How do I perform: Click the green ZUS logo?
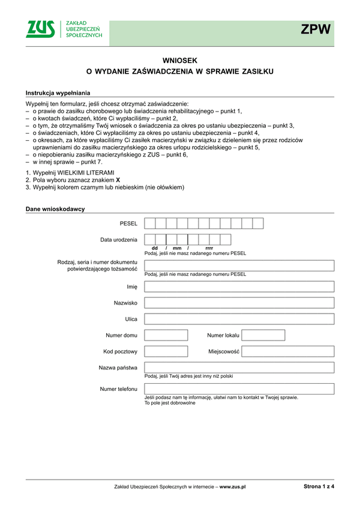pyautogui.click(x=40, y=29)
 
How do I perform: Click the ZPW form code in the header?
pyautogui.click(x=316, y=30)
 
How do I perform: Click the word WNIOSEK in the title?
pyautogui.click(x=179, y=60)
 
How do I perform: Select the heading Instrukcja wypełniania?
pyautogui.click(x=58, y=93)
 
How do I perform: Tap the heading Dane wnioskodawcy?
pyautogui.click(x=55, y=209)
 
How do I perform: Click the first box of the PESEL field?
pyautogui.click(x=150, y=224)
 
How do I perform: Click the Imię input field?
pyautogui.click(x=239, y=287)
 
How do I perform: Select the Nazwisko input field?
pyautogui.click(x=239, y=303)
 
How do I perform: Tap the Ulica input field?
pyautogui.click(x=239, y=319)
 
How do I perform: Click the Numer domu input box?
pyautogui.click(x=166, y=335)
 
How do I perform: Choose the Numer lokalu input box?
pyautogui.click(x=263, y=335)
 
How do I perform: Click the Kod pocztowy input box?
pyautogui.click(x=166, y=351)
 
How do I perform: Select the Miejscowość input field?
pyautogui.click(x=288, y=351)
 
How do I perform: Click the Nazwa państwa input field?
pyautogui.click(x=239, y=368)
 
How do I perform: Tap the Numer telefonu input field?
pyautogui.click(x=239, y=388)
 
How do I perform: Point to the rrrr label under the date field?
pyautogui.click(x=209, y=248)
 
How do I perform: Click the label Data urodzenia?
pyautogui.click(x=119, y=240)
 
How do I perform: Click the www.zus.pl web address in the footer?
pyautogui.click(x=233, y=487)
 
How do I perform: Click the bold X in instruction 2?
pyautogui.click(x=118, y=180)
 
